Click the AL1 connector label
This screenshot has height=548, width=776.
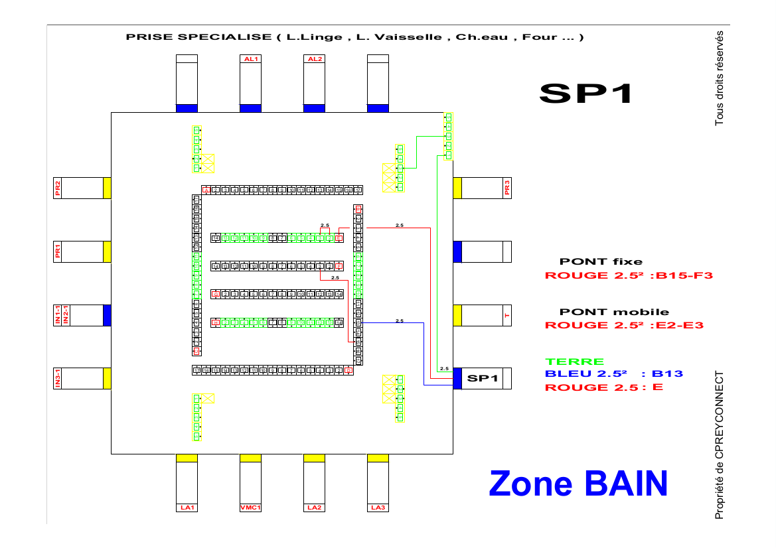tap(250, 59)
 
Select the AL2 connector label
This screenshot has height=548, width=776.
tap(314, 59)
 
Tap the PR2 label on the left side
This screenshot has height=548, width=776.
tap(58, 188)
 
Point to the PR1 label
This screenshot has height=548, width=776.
tap(58, 251)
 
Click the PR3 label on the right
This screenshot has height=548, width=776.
tap(507, 188)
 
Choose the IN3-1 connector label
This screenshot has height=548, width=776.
tap(58, 378)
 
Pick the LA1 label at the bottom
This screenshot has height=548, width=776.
tap(187, 508)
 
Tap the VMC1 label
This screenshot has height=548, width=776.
tap(250, 508)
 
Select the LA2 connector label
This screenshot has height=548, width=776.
tap(314, 508)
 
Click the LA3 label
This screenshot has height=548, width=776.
tap(378, 508)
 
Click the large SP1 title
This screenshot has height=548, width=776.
tap(585, 94)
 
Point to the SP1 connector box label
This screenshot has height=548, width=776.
tap(483, 378)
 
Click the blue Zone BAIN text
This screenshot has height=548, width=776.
tap(578, 484)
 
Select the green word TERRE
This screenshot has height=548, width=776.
tap(574, 362)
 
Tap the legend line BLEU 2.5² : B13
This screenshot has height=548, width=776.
tap(613, 374)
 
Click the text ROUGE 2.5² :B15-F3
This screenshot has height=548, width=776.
tap(628, 275)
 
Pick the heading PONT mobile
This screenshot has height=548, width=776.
tap(614, 312)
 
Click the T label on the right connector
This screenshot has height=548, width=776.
tap(507, 315)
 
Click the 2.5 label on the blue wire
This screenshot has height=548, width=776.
tap(400, 320)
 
